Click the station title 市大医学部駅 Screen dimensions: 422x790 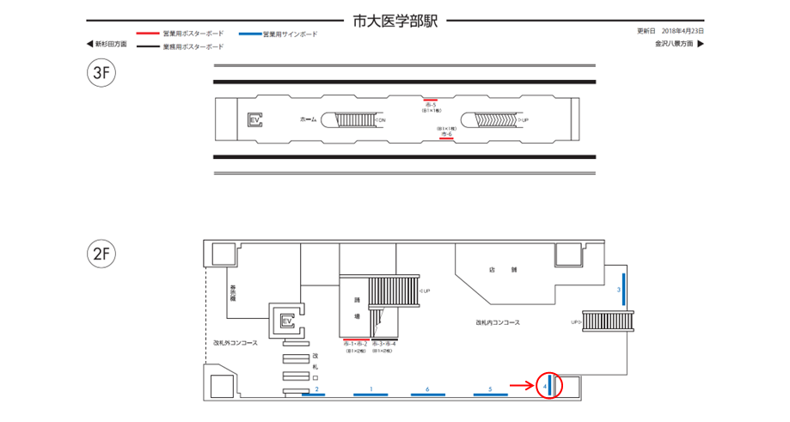point(395,21)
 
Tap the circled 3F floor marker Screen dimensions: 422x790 point(101,72)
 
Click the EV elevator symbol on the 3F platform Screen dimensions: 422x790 point(254,119)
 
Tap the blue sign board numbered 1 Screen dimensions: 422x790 point(371,395)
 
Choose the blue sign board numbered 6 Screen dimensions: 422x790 point(427,395)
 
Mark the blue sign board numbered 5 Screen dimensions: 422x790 point(490,395)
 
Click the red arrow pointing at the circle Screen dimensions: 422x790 point(523,386)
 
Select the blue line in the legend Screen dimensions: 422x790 point(248,34)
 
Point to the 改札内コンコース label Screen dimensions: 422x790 point(501,323)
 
